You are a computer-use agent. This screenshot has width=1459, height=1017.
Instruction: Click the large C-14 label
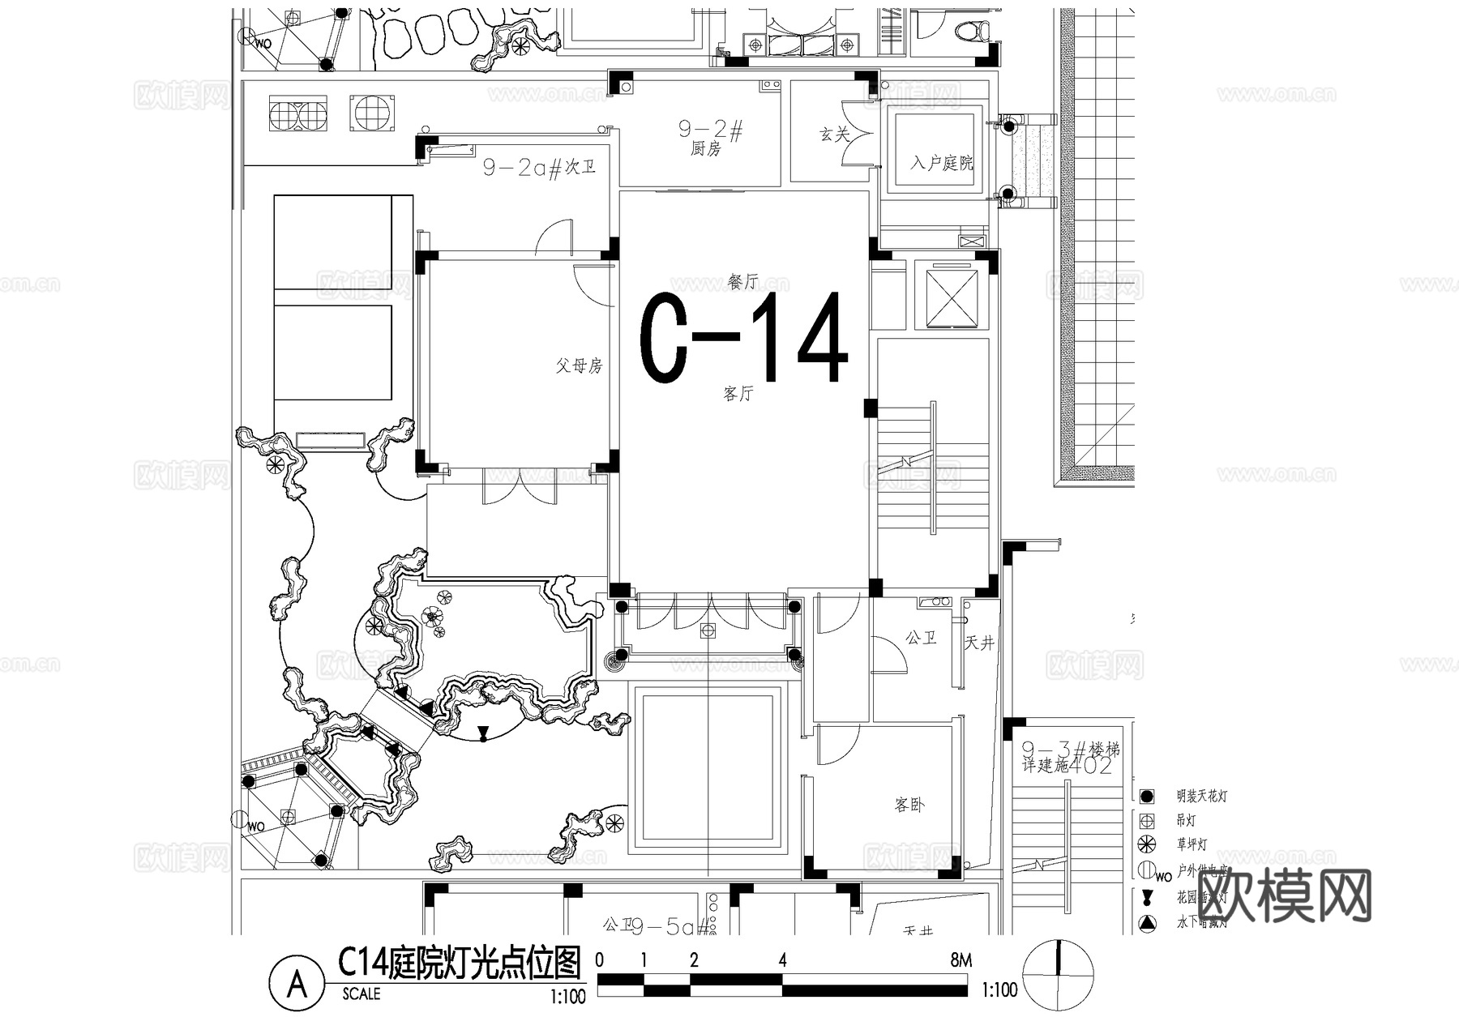point(744,339)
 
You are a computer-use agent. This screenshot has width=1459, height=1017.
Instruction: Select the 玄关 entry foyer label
point(834,134)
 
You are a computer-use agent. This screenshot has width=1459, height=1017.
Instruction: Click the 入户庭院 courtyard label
point(941,163)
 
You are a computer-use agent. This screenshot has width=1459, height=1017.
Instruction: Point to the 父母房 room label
point(579,365)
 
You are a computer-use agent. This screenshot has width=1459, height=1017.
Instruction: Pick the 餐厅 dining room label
point(743,281)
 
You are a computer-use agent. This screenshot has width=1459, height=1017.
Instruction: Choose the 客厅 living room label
point(738,394)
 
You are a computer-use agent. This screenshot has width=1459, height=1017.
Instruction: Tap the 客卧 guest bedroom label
point(909,805)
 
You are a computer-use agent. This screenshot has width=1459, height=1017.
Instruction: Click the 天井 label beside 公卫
point(979,643)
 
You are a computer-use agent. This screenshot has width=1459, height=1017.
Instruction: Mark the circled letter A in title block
point(297,985)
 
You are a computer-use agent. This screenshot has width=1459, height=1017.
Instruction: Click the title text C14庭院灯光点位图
point(460,964)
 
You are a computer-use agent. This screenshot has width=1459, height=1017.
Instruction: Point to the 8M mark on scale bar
point(961,961)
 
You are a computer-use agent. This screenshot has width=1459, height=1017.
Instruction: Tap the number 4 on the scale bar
point(782,961)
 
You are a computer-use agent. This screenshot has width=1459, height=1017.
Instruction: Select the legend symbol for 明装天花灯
point(1146,797)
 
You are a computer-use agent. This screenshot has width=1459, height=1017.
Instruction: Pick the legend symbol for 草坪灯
point(1146,844)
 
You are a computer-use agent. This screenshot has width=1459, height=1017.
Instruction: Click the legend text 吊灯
point(1186,821)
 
